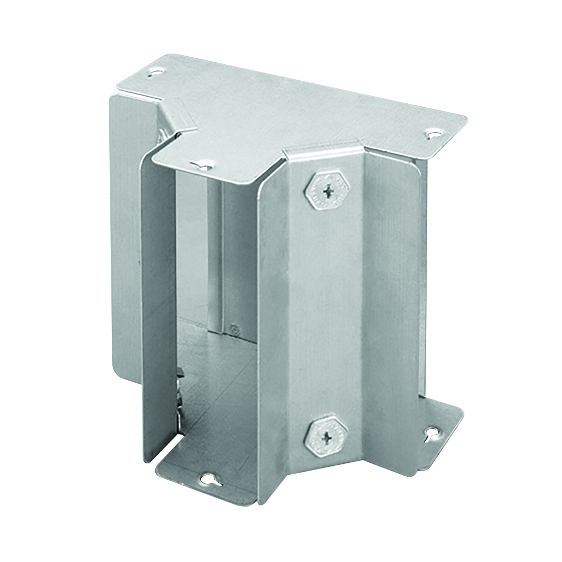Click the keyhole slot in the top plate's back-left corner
click(153, 74)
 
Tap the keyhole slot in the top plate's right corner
click(434, 134)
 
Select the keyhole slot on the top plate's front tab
click(204, 165)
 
